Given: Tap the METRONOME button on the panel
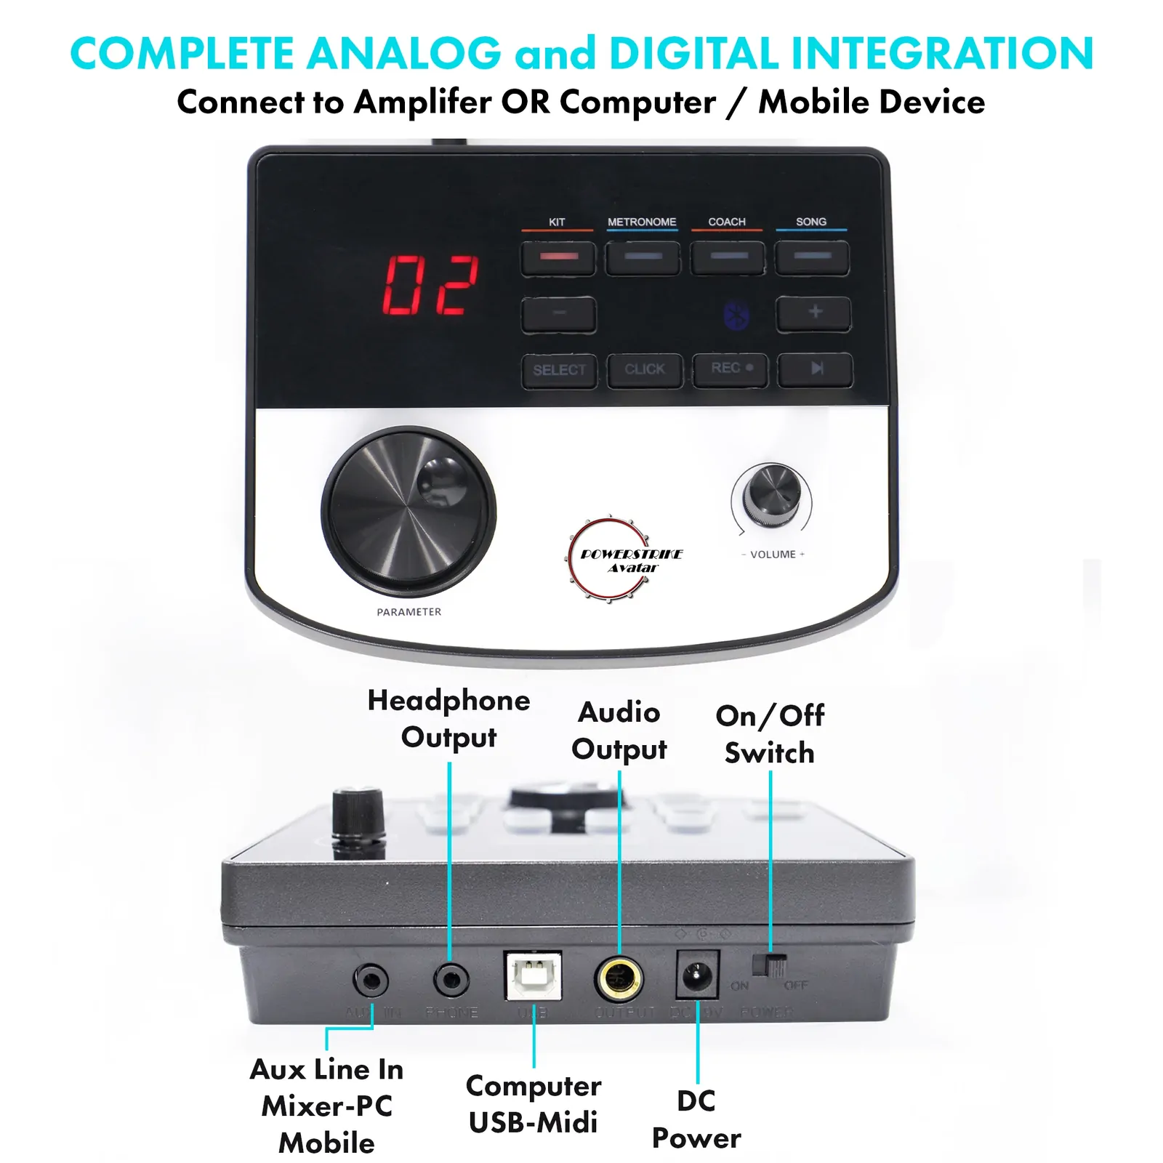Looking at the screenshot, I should [643, 258].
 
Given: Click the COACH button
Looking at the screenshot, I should [728, 258].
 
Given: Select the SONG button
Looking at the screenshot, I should [812, 258].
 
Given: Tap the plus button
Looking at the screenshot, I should [814, 313].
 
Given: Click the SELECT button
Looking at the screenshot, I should [559, 370].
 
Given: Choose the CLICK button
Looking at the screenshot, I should [645, 370].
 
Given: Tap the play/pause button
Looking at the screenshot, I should [816, 369].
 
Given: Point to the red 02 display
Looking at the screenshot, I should [430, 285].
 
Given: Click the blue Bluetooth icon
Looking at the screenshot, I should [737, 315].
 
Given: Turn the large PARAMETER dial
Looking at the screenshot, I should [409, 512].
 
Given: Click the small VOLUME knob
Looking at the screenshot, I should [771, 494].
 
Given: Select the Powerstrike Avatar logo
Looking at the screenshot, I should [625, 560].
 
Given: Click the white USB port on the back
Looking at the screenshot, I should [533, 975].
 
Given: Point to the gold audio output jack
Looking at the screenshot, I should [619, 978].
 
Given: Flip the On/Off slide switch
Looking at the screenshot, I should [770, 966].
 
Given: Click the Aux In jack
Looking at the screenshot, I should [371, 981].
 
